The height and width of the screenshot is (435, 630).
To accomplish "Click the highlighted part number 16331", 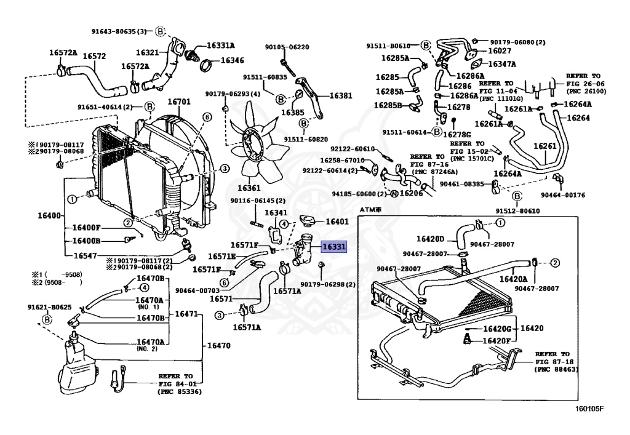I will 335,247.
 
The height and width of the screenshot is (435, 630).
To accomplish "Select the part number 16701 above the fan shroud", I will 179,102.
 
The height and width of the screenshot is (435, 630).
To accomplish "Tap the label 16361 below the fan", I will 249,188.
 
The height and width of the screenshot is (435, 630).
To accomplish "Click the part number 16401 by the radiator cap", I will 337,221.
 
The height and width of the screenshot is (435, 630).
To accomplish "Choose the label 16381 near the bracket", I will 341,95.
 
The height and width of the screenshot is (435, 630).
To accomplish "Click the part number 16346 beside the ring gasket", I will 232,61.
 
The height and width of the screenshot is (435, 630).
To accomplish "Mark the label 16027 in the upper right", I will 500,51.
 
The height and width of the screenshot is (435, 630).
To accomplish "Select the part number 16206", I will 411,193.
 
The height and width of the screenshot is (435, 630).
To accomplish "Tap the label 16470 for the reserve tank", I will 218,346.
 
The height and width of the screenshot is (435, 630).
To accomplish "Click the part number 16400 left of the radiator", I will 49,216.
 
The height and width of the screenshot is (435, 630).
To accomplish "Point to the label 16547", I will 85,255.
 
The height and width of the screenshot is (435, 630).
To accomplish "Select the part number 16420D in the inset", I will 430,239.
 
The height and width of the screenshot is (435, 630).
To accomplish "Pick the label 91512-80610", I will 518,210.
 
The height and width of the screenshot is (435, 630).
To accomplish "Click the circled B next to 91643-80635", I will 159,31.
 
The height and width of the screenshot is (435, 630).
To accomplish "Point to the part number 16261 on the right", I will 544,146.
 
